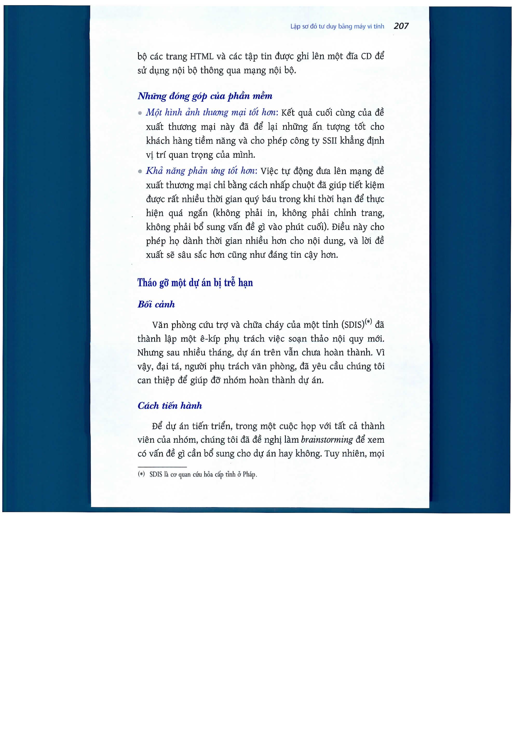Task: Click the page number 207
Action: point(401,26)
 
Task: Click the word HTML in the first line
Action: point(201,57)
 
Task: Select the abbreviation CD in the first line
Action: point(366,57)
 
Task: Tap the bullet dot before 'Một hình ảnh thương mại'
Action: point(140,113)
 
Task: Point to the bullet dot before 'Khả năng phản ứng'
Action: point(140,171)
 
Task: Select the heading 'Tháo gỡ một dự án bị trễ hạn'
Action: point(195,283)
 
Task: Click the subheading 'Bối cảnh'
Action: point(156,304)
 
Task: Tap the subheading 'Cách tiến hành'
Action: point(170,406)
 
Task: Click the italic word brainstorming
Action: point(327,440)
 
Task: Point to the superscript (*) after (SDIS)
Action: point(368,322)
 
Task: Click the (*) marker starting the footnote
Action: point(141,474)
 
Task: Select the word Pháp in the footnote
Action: point(249,475)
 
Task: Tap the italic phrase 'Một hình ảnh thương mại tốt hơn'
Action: point(212,112)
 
